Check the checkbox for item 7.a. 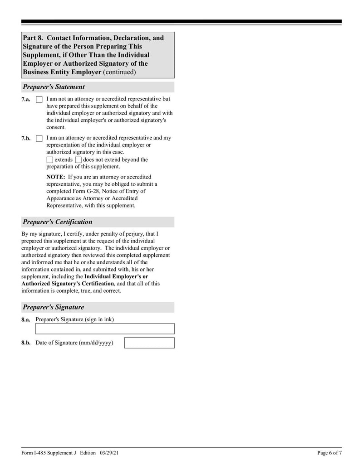pyautogui.click(x=39, y=99)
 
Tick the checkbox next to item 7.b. pyautogui.click(x=39, y=138)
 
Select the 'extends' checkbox pyautogui.click(x=50, y=160)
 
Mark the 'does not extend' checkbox pyautogui.click(x=78, y=160)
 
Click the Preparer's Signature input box pyautogui.click(x=105, y=329)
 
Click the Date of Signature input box pyautogui.click(x=149, y=343)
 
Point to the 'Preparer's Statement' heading pyautogui.click(x=54, y=87)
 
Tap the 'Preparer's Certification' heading pyautogui.click(x=57, y=222)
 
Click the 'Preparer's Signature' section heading pyautogui.click(x=53, y=307)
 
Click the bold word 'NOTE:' pyautogui.click(x=56, y=177)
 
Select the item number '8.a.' pyautogui.click(x=26, y=319)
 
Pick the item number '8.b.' pyautogui.click(x=26, y=343)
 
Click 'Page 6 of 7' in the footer pyautogui.click(x=329, y=453)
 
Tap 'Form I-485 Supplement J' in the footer pyautogui.click(x=49, y=453)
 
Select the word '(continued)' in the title pyautogui.click(x=119, y=73)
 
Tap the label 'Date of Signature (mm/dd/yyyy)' pyautogui.click(x=74, y=343)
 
